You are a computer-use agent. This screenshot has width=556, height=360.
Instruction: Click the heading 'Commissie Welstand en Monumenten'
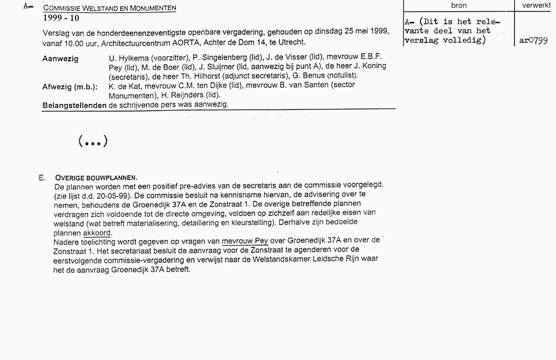coord(110,8)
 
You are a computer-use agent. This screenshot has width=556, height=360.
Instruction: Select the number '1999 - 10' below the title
coord(63,18)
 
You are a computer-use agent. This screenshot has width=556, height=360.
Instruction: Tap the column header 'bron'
coord(459,6)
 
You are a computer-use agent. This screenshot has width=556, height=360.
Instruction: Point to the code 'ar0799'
coord(533,41)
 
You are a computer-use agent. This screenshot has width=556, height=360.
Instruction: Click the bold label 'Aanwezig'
coord(60,58)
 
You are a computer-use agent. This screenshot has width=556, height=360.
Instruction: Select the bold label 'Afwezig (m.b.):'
coord(70,87)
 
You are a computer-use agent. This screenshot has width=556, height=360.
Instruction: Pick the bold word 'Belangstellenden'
coord(75,104)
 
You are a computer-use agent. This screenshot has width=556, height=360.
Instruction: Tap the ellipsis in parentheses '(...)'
coord(93,141)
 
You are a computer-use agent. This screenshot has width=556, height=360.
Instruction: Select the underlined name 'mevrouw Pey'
coord(245,241)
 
